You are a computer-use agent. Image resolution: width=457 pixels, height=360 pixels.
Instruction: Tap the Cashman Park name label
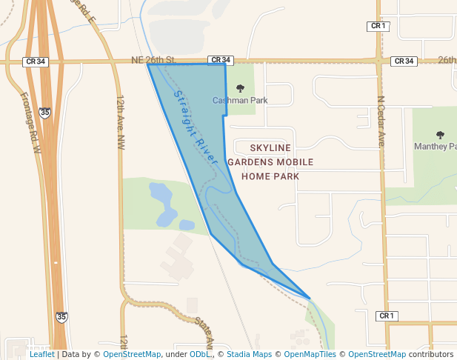coord(240,101)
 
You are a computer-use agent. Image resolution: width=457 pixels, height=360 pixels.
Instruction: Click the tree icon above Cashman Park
coord(240,89)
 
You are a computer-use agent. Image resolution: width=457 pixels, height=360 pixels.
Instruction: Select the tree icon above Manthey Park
coord(441,135)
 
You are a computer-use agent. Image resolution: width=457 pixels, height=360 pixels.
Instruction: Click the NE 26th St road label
coord(153,60)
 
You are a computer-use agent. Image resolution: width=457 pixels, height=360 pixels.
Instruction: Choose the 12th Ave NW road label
coord(120,123)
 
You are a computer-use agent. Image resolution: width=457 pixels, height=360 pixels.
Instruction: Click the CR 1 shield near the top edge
coord(378,26)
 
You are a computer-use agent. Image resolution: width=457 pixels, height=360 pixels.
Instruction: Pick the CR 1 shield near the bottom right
coord(387,316)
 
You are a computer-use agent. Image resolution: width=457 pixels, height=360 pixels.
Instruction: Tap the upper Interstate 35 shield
coord(46,113)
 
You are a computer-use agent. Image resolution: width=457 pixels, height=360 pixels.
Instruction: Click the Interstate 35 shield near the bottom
coord(61,316)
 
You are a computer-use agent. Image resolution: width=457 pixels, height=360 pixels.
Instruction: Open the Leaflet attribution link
coord(41,355)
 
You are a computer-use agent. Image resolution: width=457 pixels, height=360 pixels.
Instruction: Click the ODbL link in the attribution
coord(199,355)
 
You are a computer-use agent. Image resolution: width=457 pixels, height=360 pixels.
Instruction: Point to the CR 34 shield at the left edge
coord(36,61)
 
